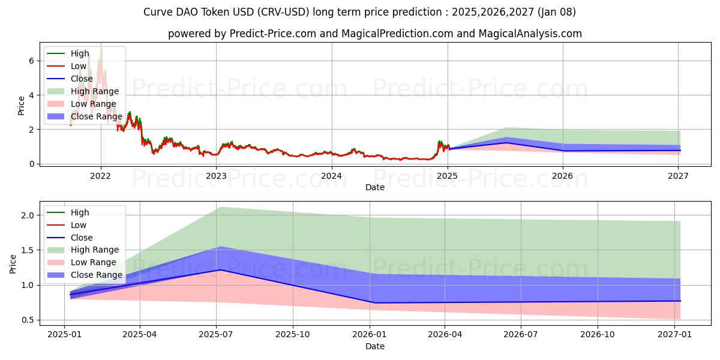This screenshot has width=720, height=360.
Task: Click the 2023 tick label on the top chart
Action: pyautogui.click(x=216, y=176)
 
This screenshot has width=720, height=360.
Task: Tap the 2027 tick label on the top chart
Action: pyautogui.click(x=678, y=176)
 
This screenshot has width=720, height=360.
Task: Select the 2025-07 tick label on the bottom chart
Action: pyautogui.click(x=217, y=334)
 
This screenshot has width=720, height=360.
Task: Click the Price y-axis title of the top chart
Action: pyautogui.click(x=22, y=105)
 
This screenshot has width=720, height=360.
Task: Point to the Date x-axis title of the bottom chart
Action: pyautogui.click(x=375, y=346)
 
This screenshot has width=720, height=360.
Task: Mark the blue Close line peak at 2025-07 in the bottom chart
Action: pyautogui.click(x=220, y=270)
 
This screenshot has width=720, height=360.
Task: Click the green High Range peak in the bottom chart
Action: pyautogui.click(x=220, y=207)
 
